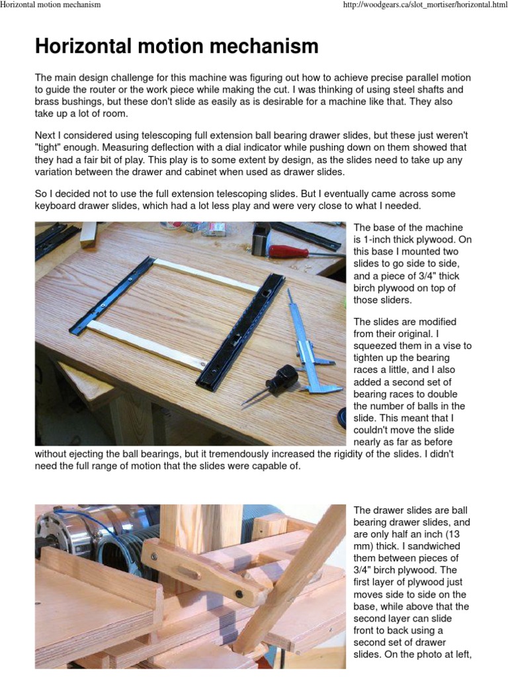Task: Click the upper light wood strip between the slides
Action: click(205, 275)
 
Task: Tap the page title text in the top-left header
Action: click(51, 5)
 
